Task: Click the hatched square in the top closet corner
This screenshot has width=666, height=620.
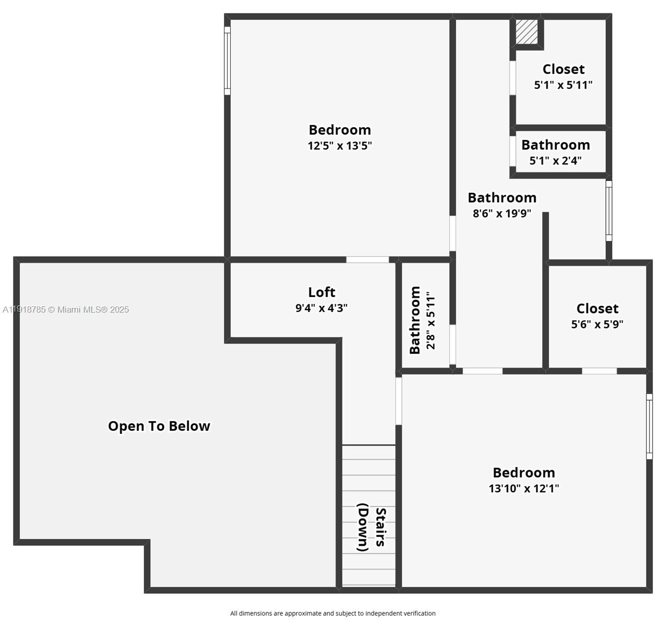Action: click(526, 32)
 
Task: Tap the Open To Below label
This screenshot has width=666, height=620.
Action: click(159, 426)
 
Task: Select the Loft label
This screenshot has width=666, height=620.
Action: click(322, 292)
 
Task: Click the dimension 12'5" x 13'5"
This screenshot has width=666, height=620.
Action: click(340, 146)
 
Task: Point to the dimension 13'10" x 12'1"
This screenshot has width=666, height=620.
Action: click(524, 488)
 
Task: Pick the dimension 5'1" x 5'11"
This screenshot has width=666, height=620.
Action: click(563, 85)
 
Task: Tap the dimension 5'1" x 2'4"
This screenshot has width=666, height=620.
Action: click(555, 161)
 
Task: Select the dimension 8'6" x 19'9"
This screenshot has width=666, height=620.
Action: click(502, 213)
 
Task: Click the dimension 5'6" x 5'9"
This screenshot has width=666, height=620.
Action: click(597, 324)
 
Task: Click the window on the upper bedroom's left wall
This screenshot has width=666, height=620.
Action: click(227, 61)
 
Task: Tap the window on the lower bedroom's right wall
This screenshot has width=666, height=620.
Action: click(649, 426)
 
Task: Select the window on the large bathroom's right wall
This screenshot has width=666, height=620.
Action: click(609, 211)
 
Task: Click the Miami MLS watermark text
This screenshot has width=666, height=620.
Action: click(66, 309)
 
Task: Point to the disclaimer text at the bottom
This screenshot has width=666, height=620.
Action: click(332, 613)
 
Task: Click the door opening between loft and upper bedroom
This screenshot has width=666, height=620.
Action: click(367, 259)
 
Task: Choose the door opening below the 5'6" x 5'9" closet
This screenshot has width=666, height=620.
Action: click(599, 371)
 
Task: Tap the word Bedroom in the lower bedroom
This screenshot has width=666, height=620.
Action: click(524, 473)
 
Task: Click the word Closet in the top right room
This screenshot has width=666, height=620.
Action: click(563, 69)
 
